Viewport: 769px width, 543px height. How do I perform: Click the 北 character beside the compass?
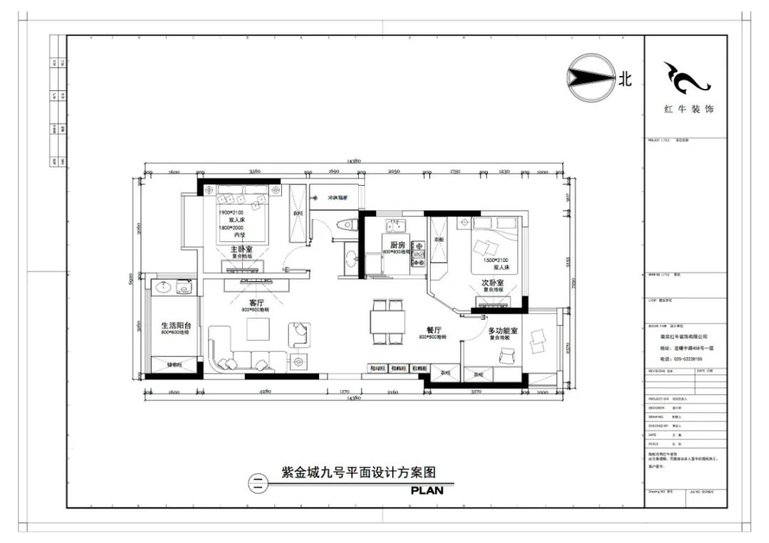pos(624,79)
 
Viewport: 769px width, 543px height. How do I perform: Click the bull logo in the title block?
pos(685,78)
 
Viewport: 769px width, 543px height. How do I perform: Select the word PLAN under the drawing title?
pos(427,490)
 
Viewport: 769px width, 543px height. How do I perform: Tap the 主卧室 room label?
pos(244,250)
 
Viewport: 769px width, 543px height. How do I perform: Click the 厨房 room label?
pos(398,246)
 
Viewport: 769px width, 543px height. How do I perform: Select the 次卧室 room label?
pos(491,283)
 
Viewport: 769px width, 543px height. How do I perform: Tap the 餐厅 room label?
pos(434,330)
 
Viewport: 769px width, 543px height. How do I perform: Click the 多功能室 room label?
pos(502,331)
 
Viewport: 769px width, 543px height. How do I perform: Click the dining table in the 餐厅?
pos(388,322)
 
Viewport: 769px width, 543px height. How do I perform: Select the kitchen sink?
pos(396,226)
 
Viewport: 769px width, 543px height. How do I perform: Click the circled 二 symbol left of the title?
pos(258,483)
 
